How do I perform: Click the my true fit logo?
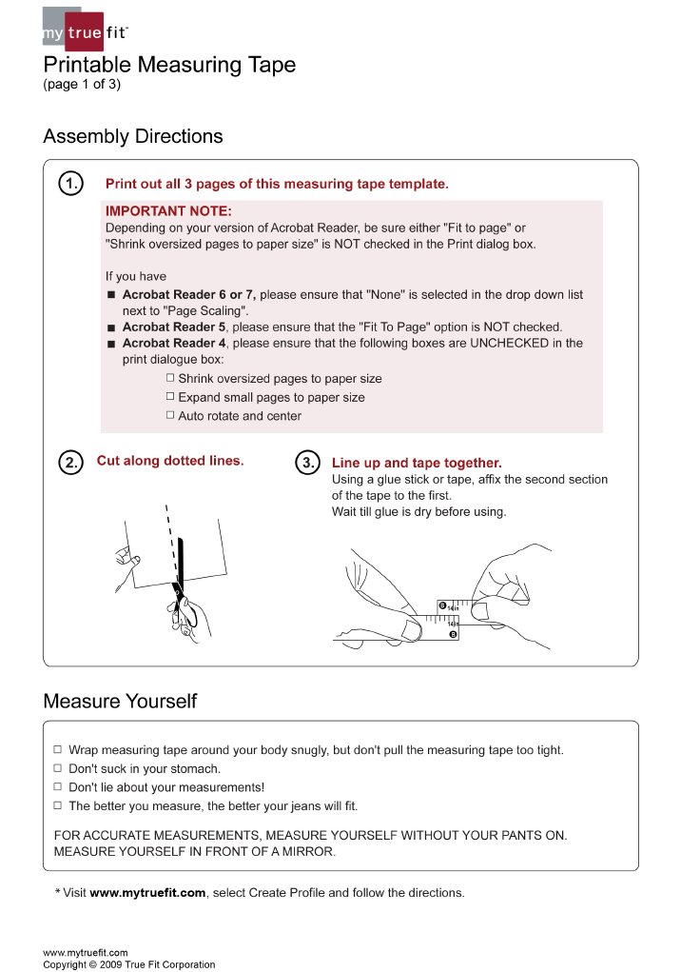[84, 30]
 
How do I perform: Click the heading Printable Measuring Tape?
[169, 66]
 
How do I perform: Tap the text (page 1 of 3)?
[82, 85]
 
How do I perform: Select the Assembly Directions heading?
[133, 136]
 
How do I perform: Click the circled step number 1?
[70, 184]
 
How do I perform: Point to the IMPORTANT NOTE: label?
[168, 211]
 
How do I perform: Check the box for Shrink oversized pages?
[170, 378]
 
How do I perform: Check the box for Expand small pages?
[170, 396]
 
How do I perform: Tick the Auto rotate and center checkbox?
[170, 415]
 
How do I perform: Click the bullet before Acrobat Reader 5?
[111, 327]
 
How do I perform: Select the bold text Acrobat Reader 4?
[176, 343]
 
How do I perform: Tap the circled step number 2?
[70, 463]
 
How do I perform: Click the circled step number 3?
[309, 463]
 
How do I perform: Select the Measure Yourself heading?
[120, 702]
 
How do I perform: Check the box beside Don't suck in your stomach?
[58, 767]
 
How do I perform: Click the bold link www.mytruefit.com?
[147, 893]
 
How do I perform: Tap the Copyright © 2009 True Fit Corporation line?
[128, 964]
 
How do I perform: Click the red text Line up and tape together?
[416, 463]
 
